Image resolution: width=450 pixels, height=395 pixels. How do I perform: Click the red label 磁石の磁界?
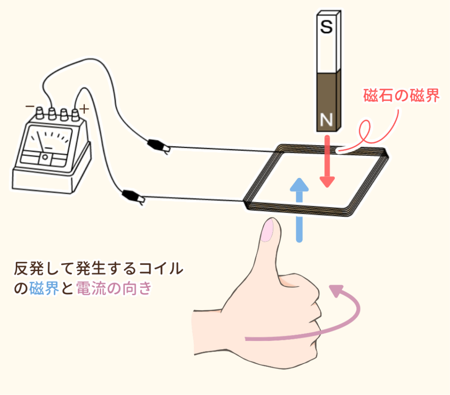pos(402,95)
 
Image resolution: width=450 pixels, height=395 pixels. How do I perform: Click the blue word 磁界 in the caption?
pos(44,289)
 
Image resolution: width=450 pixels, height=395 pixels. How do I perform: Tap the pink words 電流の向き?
pos(114,289)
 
